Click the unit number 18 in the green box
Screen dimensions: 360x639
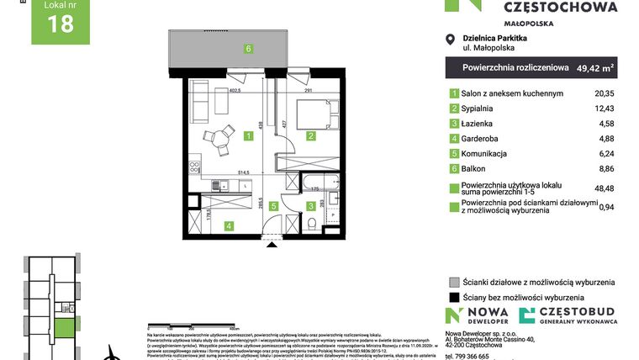tap(61, 24)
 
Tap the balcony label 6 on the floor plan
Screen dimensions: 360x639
tap(248, 48)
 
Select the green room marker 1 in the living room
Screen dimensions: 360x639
tap(248, 135)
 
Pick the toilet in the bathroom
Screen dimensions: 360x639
tap(312, 224)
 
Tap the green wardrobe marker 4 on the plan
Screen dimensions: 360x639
tap(228, 225)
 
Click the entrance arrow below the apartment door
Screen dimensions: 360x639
tap(270, 245)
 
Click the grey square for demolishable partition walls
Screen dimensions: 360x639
tap(454, 282)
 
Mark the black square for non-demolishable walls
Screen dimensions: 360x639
tap(454, 297)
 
